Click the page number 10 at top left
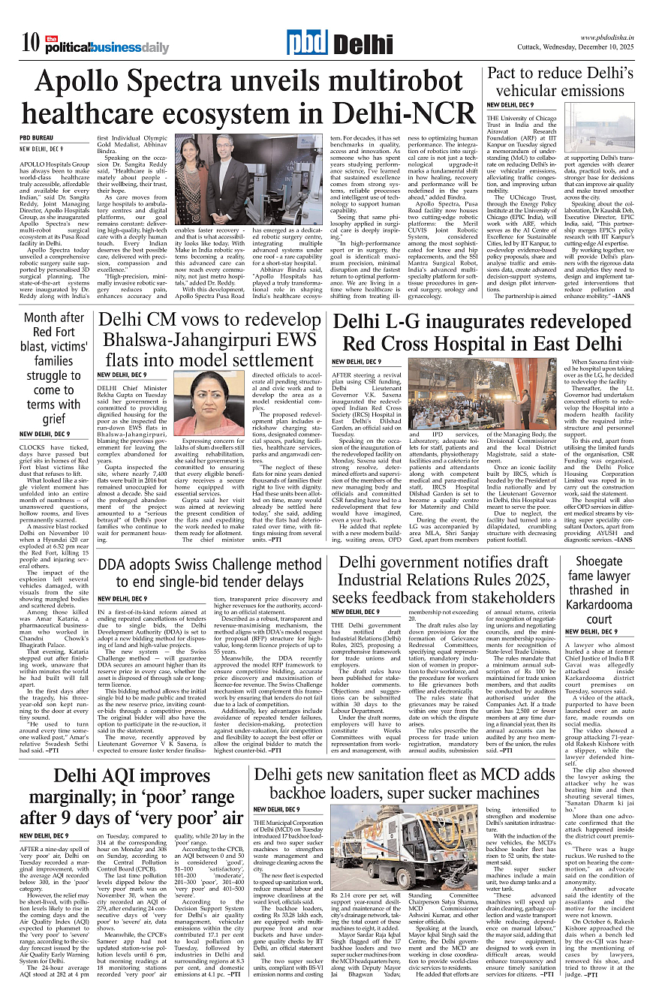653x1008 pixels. pos(29,45)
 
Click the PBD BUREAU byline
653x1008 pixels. pos(37,138)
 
